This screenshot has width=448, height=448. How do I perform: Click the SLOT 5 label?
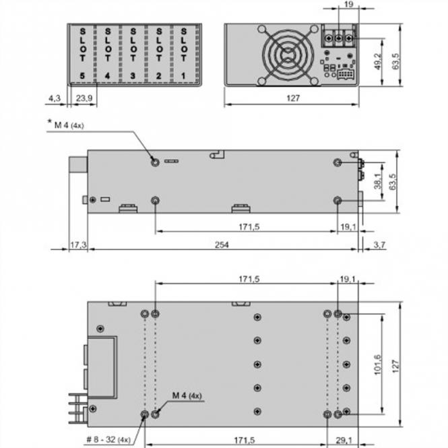[x=82, y=53]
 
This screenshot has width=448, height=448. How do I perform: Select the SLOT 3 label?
[x=133, y=53]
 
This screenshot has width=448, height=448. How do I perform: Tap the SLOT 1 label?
[x=183, y=53]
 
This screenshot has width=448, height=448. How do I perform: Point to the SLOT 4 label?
[x=108, y=53]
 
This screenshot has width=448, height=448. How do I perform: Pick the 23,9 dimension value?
[x=84, y=98]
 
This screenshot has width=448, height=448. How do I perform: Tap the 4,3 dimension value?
[x=54, y=98]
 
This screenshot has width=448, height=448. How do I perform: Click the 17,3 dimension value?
[x=78, y=245]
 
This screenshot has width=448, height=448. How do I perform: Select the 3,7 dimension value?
[x=378, y=245]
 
